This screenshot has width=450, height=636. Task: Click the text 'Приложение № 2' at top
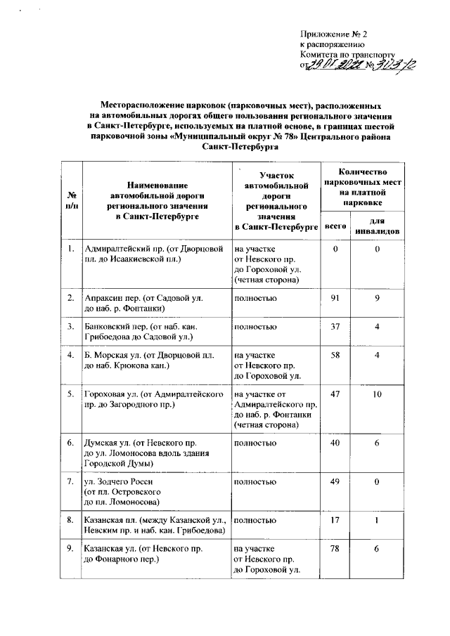click(x=334, y=34)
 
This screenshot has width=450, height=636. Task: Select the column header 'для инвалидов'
click(x=378, y=226)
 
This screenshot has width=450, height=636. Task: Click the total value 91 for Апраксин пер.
click(x=335, y=299)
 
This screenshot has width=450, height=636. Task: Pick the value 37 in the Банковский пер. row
click(x=335, y=327)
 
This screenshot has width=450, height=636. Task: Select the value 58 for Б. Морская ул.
click(x=335, y=356)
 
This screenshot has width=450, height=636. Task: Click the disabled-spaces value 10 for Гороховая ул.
click(x=378, y=396)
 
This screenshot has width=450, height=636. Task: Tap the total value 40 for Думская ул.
click(x=335, y=444)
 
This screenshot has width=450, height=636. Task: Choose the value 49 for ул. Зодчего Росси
click(x=335, y=483)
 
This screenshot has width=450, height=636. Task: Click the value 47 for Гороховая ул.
click(x=335, y=396)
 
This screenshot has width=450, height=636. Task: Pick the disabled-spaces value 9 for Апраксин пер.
click(x=378, y=299)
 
